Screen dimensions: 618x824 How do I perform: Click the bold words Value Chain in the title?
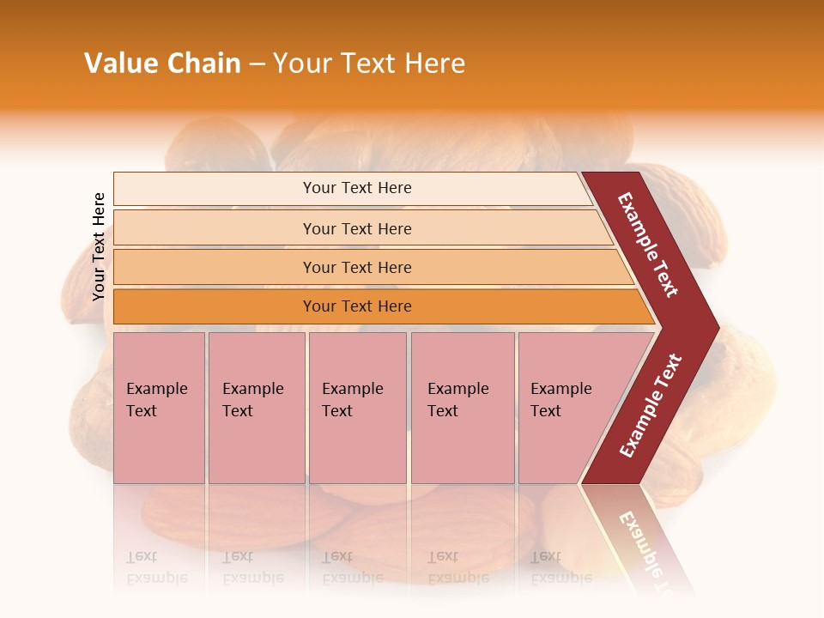(162, 64)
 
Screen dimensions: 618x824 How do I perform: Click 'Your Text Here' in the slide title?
(369, 64)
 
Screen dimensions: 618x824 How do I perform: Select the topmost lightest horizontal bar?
(356, 188)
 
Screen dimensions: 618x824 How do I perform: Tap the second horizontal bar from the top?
(356, 228)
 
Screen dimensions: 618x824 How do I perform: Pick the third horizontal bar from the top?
(356, 267)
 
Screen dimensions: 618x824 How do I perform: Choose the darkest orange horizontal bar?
(356, 306)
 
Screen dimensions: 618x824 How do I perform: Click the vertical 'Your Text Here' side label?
(99, 246)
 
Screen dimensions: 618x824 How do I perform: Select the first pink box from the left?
(159, 407)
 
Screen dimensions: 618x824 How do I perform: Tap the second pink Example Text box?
(256, 407)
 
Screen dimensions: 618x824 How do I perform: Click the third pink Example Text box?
(356, 407)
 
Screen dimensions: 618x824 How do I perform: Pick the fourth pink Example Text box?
(462, 407)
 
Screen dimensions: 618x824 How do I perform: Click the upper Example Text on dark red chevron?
(648, 245)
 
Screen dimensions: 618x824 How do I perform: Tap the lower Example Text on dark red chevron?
(651, 405)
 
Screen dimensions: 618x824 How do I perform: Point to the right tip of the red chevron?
(718, 327)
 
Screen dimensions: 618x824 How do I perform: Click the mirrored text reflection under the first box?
(156, 567)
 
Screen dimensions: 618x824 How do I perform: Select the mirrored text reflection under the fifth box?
(560, 567)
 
